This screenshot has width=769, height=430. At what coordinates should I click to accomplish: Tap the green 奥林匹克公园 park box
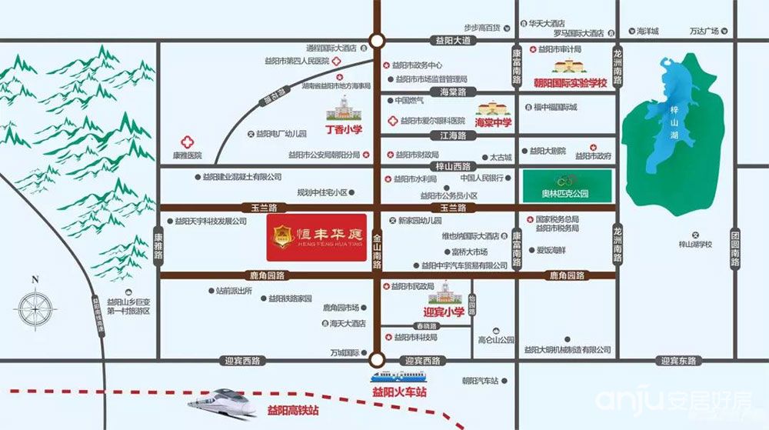pos(568,185)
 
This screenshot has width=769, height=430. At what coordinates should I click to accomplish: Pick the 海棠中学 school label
pos(494,122)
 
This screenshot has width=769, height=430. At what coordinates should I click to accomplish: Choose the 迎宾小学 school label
pos(444,312)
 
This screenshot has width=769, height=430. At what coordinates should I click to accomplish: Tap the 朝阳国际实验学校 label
pos(571,82)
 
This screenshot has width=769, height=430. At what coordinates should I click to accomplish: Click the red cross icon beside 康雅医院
pos(185,142)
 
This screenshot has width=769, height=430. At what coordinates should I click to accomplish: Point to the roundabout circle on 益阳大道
pos(376,41)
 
